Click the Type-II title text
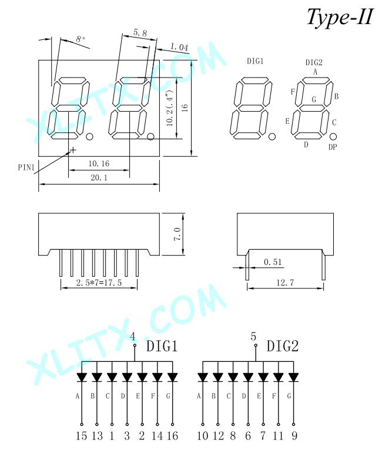click(340, 17)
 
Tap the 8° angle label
click(81, 39)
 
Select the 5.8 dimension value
click(140, 32)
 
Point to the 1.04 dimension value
click(179, 47)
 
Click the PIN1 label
click(26, 167)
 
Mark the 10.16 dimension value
click(99, 163)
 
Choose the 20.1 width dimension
click(99, 177)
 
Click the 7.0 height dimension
click(177, 234)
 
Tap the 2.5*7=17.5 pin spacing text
click(99, 283)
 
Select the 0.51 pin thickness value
click(273, 262)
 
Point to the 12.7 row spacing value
click(285, 283)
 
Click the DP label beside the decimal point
click(333, 147)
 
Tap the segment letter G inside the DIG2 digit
click(314, 99)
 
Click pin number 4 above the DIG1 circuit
click(133, 336)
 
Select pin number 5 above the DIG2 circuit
click(253, 336)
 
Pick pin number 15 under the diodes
click(81, 435)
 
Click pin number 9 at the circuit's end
click(294, 435)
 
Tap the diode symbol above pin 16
click(172, 377)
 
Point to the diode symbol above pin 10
click(203, 377)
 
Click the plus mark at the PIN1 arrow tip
click(72, 149)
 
